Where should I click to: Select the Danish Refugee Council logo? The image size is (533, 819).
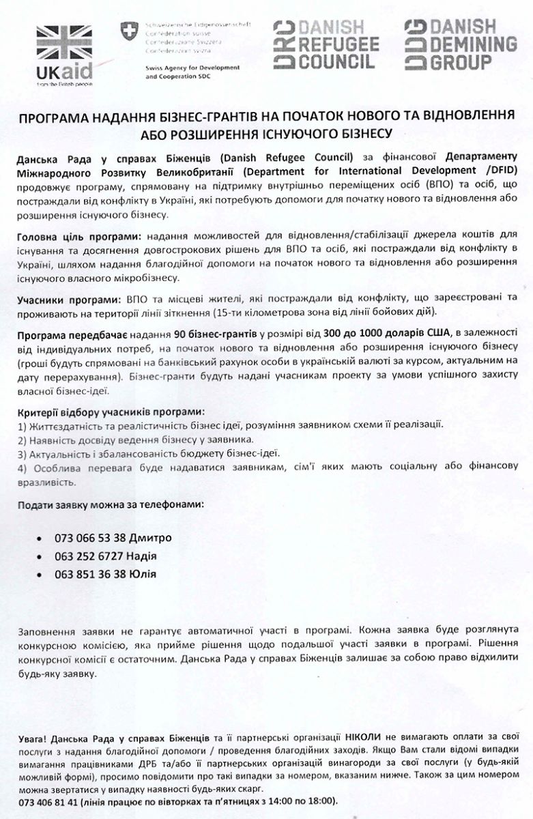click(326, 45)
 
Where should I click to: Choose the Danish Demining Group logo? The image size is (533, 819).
click(459, 45)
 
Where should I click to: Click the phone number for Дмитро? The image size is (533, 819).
click(91, 538)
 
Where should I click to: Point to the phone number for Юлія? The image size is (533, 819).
click(91, 574)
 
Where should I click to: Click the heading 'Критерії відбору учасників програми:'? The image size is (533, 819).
click(110, 412)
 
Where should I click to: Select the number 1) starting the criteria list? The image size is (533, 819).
click(23, 425)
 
